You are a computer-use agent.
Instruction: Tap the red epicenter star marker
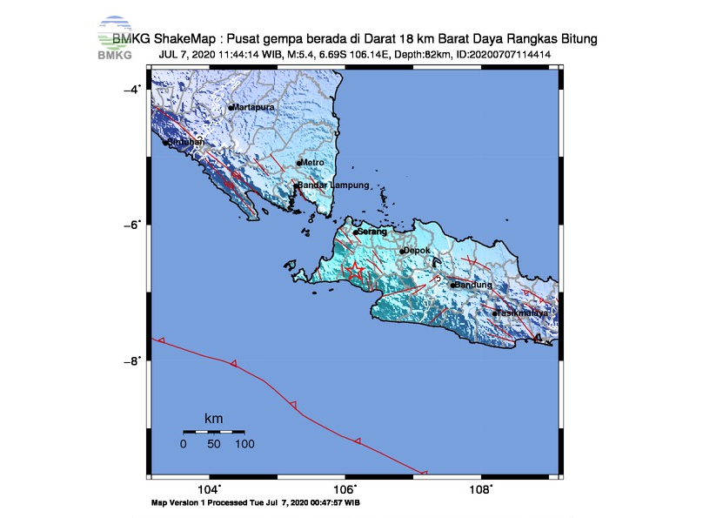pyautogui.click(x=354, y=271)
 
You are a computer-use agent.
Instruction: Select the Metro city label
pyautogui.click(x=313, y=163)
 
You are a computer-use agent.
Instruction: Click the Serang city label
pyautogui.click(x=372, y=232)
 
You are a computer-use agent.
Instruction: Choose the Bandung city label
pyautogui.click(x=475, y=285)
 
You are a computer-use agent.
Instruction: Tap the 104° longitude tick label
pyautogui.click(x=209, y=489)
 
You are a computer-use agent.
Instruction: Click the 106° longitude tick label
pyautogui.click(x=345, y=489)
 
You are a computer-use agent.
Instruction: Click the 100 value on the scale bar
pyautogui.click(x=244, y=444)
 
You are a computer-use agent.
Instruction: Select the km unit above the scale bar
pyautogui.click(x=213, y=419)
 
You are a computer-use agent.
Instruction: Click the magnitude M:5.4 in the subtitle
pyautogui.click(x=304, y=54)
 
